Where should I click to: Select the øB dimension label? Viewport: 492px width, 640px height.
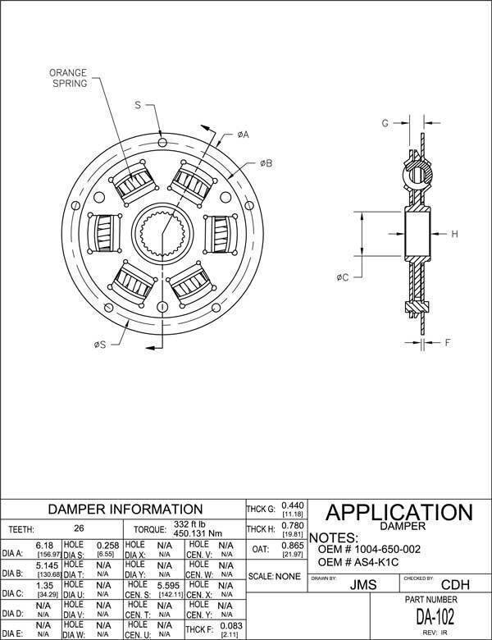[266, 163]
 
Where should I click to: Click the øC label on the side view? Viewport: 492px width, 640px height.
[343, 277]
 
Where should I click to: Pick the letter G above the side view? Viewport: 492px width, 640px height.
[384, 123]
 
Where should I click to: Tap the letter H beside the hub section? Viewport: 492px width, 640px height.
[453, 234]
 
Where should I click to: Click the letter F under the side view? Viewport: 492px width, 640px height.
[448, 343]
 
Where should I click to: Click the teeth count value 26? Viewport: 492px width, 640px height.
[79, 529]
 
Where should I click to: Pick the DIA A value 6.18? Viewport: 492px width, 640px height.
[44, 545]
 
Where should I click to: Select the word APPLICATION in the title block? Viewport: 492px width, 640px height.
[399, 514]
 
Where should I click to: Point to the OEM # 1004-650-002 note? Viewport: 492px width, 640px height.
[369, 548]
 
